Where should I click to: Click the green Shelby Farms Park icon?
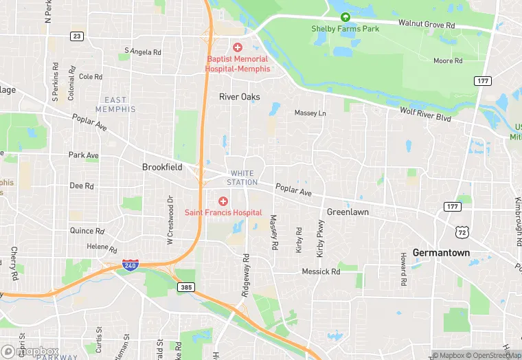coord(345,17)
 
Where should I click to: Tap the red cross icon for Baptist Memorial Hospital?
coord(238,47)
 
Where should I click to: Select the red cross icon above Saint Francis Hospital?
coord(223,201)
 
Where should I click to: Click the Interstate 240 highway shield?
coord(129,264)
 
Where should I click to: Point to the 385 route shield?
coord(185,287)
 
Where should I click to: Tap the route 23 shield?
coord(77,36)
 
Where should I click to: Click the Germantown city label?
coord(441,253)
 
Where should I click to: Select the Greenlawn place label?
coord(348,212)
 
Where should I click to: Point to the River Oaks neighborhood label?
coord(239,97)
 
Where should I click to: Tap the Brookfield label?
coord(162,167)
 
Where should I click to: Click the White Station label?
coord(244,178)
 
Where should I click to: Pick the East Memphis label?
coord(115,105)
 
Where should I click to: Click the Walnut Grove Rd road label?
coord(431,25)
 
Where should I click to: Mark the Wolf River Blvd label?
coord(425,113)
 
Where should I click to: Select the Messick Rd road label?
coord(321,272)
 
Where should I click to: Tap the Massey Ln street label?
coord(310,113)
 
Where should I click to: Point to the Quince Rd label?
coord(87,231)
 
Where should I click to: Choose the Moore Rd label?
coord(448,61)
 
